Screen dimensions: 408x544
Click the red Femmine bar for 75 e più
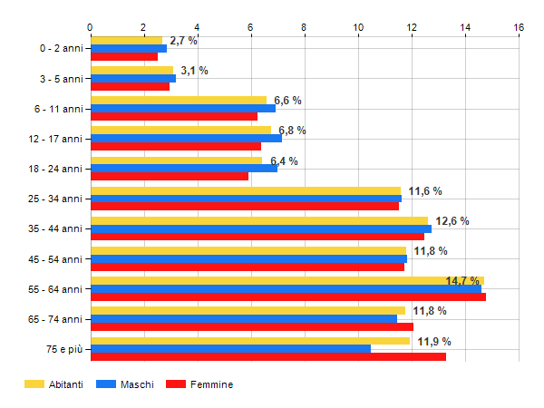[x=267, y=356]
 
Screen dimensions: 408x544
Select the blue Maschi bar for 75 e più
[x=230, y=349]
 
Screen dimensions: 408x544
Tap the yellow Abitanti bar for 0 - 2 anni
[x=126, y=41]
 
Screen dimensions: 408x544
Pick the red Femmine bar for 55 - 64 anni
[x=287, y=296]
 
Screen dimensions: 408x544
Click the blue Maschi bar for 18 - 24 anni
[x=183, y=169]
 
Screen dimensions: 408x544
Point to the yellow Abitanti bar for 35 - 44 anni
[x=258, y=220]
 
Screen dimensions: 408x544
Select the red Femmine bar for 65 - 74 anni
[x=251, y=326]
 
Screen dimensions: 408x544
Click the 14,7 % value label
[x=462, y=281]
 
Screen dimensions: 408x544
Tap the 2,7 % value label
[x=183, y=41]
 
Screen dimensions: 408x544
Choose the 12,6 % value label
[x=452, y=221]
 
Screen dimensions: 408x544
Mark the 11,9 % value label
[x=434, y=342]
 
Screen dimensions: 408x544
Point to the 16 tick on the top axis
[x=519, y=27]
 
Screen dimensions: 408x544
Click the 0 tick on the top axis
[x=90, y=27]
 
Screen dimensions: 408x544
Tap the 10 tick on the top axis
[x=358, y=27]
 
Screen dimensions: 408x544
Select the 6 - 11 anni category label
[x=57, y=109]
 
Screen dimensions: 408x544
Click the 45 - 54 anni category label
[x=54, y=259]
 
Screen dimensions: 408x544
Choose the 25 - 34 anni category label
[x=54, y=199]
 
